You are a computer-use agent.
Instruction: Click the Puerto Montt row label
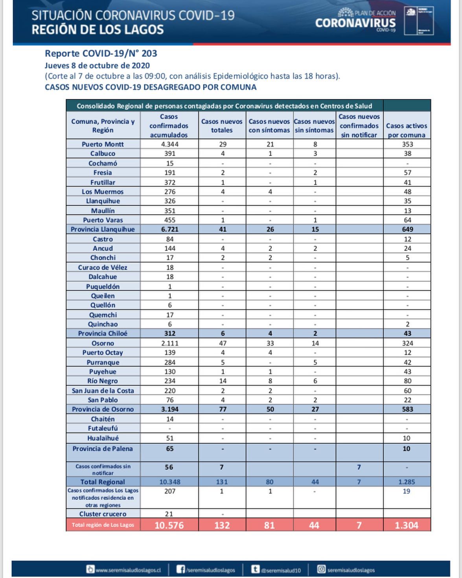[x=103, y=144]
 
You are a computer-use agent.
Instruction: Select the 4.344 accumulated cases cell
[x=169, y=144]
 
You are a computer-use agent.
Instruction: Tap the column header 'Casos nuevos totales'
[x=222, y=126]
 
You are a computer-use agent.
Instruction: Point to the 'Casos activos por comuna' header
[x=407, y=130]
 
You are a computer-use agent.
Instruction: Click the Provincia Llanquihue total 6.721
[x=169, y=229]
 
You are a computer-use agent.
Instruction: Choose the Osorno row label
[x=103, y=343]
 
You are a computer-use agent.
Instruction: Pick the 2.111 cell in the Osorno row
[x=169, y=343]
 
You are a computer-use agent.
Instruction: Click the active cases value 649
[x=407, y=229]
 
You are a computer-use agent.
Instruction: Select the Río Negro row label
[x=103, y=381]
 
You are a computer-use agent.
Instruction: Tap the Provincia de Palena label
[x=103, y=448]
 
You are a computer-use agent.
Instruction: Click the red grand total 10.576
[x=169, y=525]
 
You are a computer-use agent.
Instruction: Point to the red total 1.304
[x=407, y=525]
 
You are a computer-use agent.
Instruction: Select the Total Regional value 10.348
[x=169, y=482]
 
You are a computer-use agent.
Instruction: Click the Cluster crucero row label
[x=103, y=514]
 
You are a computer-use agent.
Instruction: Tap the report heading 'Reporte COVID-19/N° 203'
[x=101, y=54]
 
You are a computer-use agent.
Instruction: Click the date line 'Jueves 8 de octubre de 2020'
[x=97, y=65]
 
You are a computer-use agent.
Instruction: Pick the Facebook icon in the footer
[x=180, y=569]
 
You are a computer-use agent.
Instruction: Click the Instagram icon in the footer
[x=321, y=569]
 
